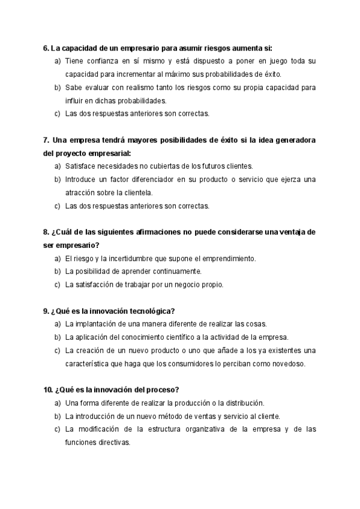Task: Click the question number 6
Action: pos(46,49)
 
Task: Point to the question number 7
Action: pos(46,140)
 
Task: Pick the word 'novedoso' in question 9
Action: pos(287,363)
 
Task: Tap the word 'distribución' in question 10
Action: pos(243,403)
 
